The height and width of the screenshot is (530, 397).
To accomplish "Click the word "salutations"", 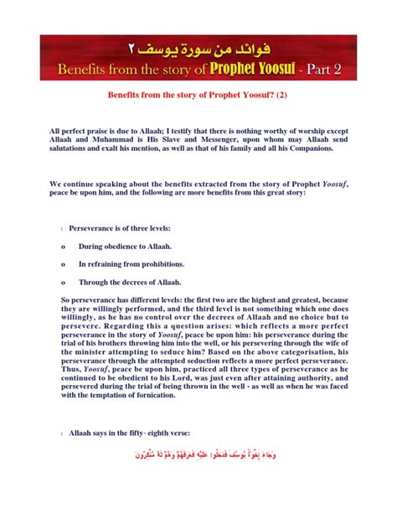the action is coord(72,148).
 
